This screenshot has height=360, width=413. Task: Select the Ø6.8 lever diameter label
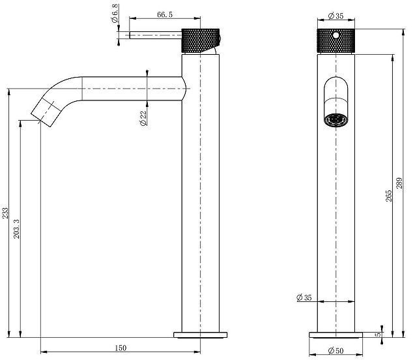coord(115,15)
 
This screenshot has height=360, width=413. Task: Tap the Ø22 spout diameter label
coord(142,118)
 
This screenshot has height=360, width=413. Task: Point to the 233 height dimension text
coord(5,213)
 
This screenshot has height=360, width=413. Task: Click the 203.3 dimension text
coord(17,229)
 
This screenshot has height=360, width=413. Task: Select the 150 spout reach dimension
coord(121,347)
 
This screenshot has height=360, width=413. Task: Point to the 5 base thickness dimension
coord(378,335)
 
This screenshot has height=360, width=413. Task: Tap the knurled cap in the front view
coord(335,40)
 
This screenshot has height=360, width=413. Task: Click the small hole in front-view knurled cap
coord(335,34)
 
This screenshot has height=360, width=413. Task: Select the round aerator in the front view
coord(335,120)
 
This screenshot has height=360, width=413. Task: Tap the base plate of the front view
coord(335,335)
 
